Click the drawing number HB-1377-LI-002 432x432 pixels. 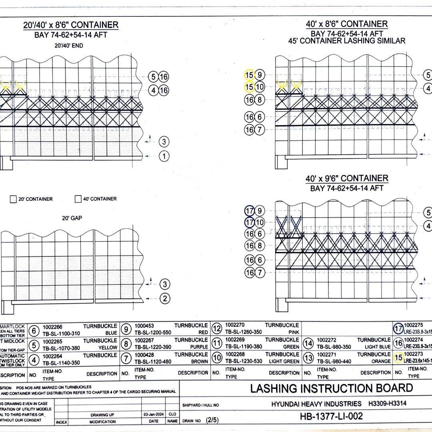click(x=331, y=416)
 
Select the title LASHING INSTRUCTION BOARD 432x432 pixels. click(x=331, y=388)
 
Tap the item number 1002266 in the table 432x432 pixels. click(x=53, y=327)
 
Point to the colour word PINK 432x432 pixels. click(x=293, y=332)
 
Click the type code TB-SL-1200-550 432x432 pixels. click(x=153, y=332)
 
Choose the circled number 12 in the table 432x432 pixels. click(x=216, y=329)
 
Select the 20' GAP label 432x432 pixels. click(x=72, y=218)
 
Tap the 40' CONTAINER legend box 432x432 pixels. click(x=78, y=199)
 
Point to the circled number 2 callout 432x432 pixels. click(x=164, y=298)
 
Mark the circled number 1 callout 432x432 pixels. click(x=164, y=156)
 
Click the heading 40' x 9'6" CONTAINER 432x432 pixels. click(x=347, y=178)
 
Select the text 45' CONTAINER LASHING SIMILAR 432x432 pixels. click(x=347, y=41)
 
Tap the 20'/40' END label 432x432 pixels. click(x=69, y=46)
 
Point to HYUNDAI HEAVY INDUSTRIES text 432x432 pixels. click(x=316, y=404)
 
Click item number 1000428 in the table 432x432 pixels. click(x=144, y=354)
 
